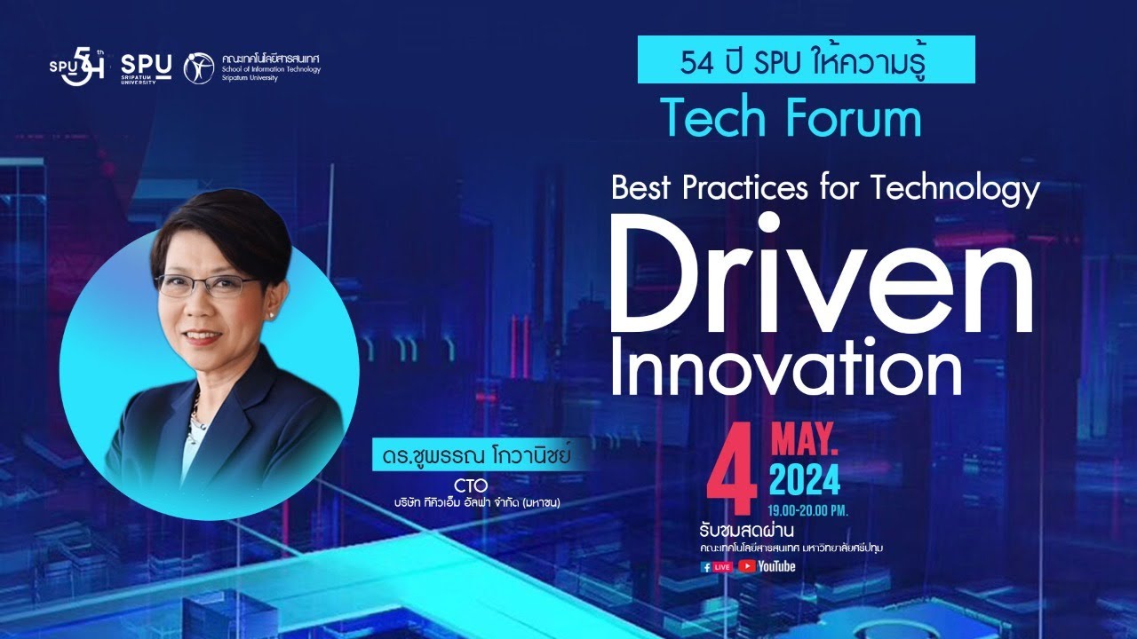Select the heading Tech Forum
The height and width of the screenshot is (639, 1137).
791,119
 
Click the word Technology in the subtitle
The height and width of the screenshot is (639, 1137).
956,188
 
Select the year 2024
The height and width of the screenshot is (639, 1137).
804,480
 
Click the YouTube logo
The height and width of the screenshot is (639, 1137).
767,566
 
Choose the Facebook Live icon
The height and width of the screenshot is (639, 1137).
717,566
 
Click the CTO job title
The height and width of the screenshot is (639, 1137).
472,485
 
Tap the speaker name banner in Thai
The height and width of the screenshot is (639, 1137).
470,460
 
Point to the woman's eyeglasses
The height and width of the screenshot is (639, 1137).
207,286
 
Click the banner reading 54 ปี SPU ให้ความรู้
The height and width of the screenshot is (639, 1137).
806,60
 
